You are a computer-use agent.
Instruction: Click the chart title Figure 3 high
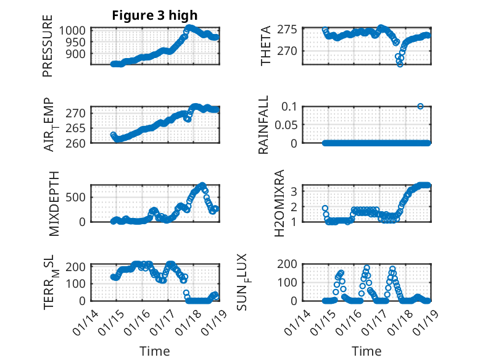(155, 15)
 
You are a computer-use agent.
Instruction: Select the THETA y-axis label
(266, 46)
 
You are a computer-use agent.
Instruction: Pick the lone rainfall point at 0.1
(420, 106)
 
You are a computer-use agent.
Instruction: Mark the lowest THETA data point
(400, 64)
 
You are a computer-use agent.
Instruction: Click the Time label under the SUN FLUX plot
(366, 351)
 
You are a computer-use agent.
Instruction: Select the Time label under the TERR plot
(154, 351)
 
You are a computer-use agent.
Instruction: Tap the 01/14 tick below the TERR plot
(85, 322)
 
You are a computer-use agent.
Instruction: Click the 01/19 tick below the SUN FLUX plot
(422, 322)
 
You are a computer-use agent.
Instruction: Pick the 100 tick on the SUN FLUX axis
(291, 282)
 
